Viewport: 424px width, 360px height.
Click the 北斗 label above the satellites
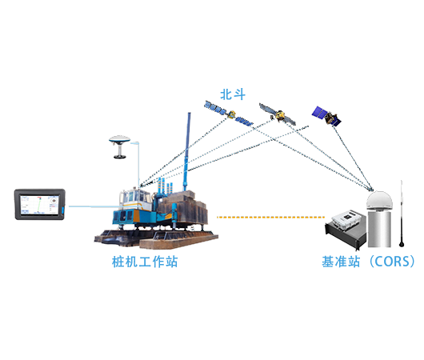pos(233,94)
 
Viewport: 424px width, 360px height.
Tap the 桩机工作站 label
pos(145,262)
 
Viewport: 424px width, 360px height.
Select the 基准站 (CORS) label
pos(368,262)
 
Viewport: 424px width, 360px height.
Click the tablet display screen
pos(40,205)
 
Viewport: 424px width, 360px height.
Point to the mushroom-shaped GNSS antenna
pos(119,146)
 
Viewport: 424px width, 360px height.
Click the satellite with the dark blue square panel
pos(326,116)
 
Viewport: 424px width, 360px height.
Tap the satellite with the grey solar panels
pos(278,114)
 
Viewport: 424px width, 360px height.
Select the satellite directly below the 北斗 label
pos(229,114)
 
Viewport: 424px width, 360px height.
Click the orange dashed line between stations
pos(270,217)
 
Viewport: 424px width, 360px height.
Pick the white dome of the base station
pos(379,200)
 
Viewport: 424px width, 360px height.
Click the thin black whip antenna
pos(402,214)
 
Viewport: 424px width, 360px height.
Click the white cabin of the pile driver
pos(135,200)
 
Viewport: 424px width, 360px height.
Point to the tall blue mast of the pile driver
pos(187,151)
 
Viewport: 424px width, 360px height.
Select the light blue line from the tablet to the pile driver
pos(94,206)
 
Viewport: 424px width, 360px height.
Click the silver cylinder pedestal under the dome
pos(379,228)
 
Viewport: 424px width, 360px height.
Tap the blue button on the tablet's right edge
pos(62,210)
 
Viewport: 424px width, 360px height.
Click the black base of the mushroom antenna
pos(119,156)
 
